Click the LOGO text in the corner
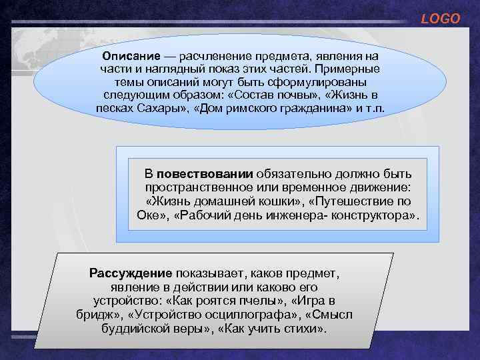(x=440, y=19)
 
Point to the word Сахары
(x=155, y=109)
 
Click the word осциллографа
(x=264, y=315)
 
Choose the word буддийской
(x=134, y=329)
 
